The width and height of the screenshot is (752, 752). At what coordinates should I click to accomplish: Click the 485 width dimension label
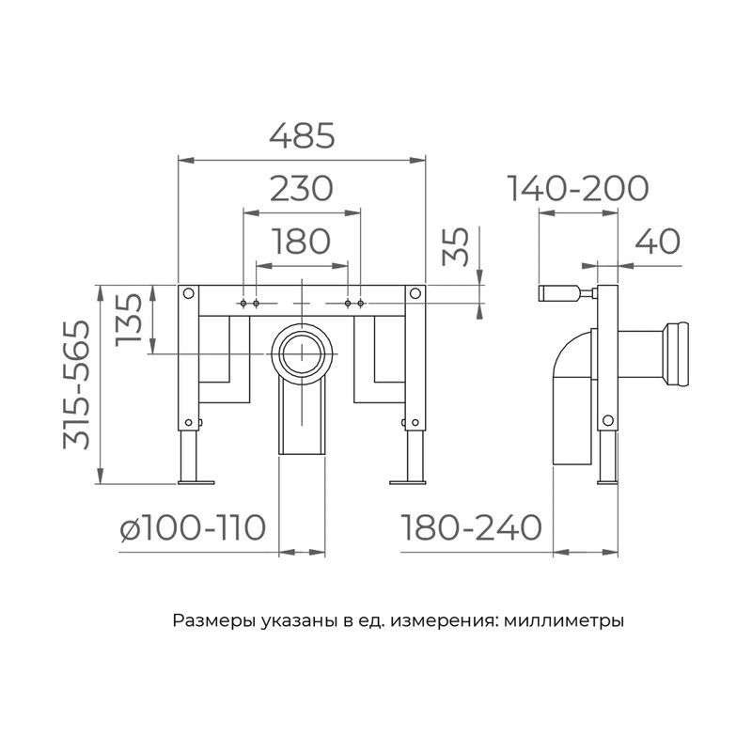[x=302, y=135]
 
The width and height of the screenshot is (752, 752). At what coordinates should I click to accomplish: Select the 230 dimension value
[x=301, y=189]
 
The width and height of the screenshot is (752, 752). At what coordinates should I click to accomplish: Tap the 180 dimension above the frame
[x=301, y=242]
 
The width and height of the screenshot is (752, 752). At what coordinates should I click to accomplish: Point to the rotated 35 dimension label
[x=455, y=246]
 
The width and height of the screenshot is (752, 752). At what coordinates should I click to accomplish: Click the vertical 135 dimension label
[x=130, y=320]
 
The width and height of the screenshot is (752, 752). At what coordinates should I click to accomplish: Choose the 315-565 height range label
[x=77, y=384]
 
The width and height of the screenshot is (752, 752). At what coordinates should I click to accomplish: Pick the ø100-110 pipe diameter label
[x=193, y=527]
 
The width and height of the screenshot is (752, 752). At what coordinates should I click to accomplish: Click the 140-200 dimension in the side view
[x=578, y=189]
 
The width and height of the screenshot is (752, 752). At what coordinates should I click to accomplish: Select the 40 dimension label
[x=657, y=242]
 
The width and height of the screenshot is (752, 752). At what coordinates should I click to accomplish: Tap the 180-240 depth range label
[x=471, y=527]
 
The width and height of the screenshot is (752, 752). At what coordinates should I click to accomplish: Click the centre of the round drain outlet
[x=302, y=353]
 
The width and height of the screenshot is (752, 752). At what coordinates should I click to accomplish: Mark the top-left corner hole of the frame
[x=189, y=293]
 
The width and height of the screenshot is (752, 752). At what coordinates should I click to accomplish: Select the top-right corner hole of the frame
[x=415, y=293]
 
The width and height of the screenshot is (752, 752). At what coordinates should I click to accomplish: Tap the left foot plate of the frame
[x=196, y=482]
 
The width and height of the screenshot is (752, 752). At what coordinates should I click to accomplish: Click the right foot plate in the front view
[x=408, y=482]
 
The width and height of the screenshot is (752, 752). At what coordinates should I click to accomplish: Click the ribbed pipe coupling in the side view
[x=676, y=354]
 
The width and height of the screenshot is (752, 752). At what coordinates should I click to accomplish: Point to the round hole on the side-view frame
[x=607, y=420]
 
